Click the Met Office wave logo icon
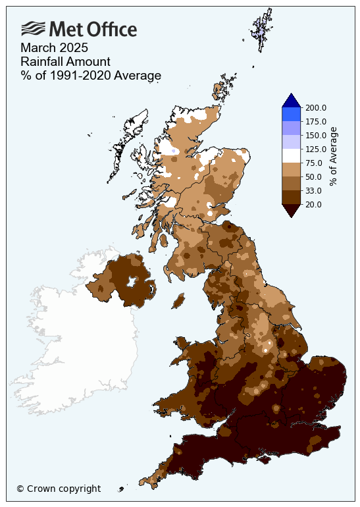34,29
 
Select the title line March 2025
54,48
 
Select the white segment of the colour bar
291,156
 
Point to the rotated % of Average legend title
333,157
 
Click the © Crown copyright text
59,489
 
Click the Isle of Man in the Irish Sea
177,300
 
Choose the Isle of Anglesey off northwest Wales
182,343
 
